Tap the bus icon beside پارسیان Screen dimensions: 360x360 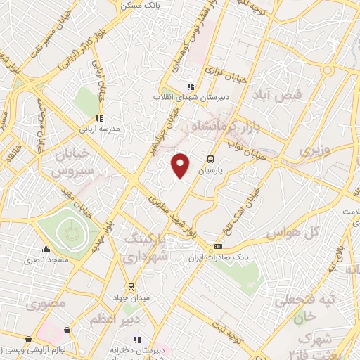pyautogui.click(x=210, y=159)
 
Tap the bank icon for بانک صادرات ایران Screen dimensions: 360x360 pyautogui.click(x=219, y=247)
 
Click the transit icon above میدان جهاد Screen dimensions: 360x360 pyautogui.click(x=131, y=286)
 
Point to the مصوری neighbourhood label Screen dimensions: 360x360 pyautogui.click(x=46, y=305)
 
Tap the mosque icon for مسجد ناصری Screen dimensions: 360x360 pyautogui.click(x=46, y=248)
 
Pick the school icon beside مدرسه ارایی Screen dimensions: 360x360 pyautogui.click(x=99, y=118)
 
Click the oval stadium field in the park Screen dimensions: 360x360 pyautogui.click(x=69, y=229)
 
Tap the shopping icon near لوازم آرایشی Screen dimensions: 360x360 pyautogui.click(x=67, y=329)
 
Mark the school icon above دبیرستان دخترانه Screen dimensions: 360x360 pyautogui.click(x=137, y=338)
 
